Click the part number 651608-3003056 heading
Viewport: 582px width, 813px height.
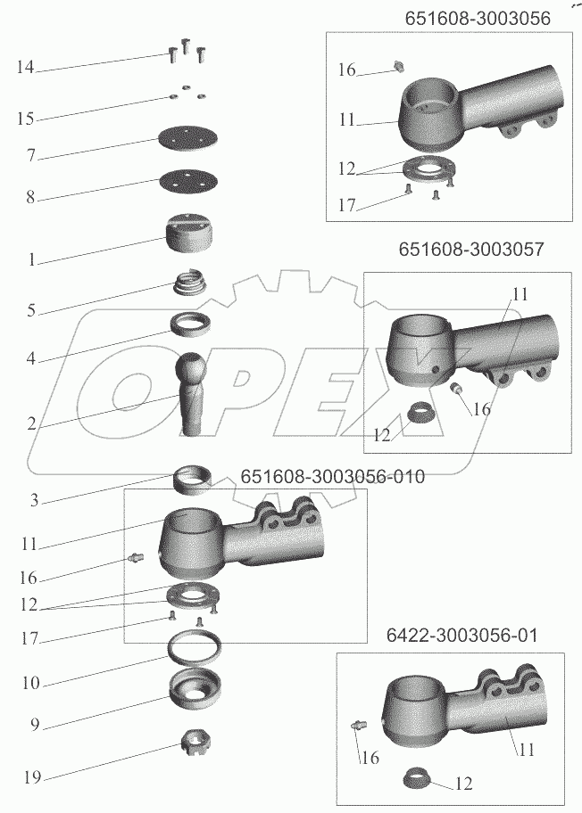pos(478,18)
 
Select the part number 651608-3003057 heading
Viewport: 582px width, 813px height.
pos(471,249)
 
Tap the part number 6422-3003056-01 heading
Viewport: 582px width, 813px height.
pos(461,635)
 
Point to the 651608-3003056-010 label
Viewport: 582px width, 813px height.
pos(332,477)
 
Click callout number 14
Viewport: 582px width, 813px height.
pos(25,67)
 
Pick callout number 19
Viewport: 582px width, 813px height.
pos(31,777)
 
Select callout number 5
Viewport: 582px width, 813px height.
pos(31,310)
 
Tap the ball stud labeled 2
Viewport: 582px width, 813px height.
pos(193,393)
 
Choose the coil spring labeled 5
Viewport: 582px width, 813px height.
pos(190,284)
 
